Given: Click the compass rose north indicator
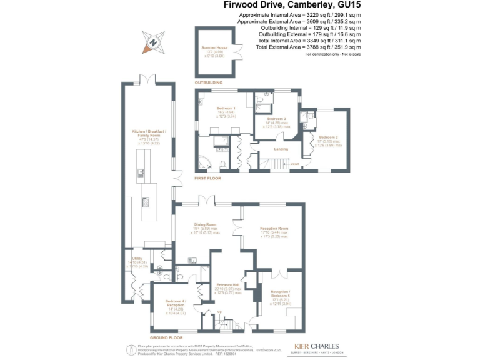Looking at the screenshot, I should point(152,42).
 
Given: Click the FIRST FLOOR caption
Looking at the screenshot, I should point(209,178).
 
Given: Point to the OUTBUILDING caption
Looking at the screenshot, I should point(208,82).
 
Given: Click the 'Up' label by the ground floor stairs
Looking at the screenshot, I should point(219,312).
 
